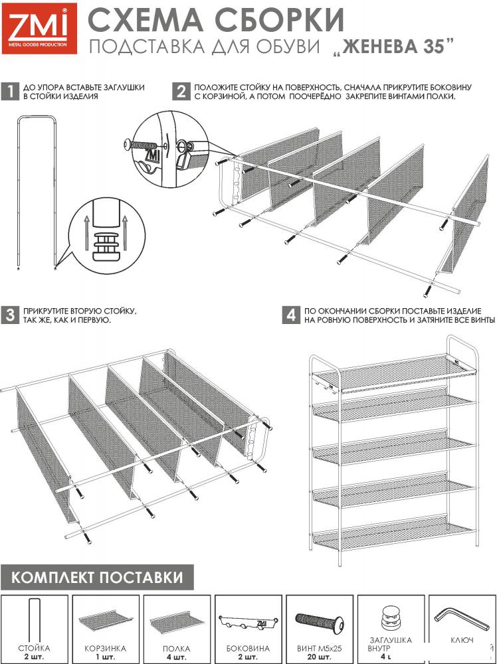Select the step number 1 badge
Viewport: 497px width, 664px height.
pos(10,92)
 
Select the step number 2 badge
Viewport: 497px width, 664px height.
pos(180,92)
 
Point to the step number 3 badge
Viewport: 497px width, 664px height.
pos(10,315)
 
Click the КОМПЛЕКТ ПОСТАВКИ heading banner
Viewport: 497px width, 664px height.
pos(97,576)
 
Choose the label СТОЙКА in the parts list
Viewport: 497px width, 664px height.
pos(35,648)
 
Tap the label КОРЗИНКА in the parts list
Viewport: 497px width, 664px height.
pos(106,648)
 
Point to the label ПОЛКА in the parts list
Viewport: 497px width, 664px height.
pos(176,648)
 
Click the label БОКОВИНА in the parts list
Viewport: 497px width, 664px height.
pos(247,648)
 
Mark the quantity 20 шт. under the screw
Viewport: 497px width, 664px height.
pos(318,657)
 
